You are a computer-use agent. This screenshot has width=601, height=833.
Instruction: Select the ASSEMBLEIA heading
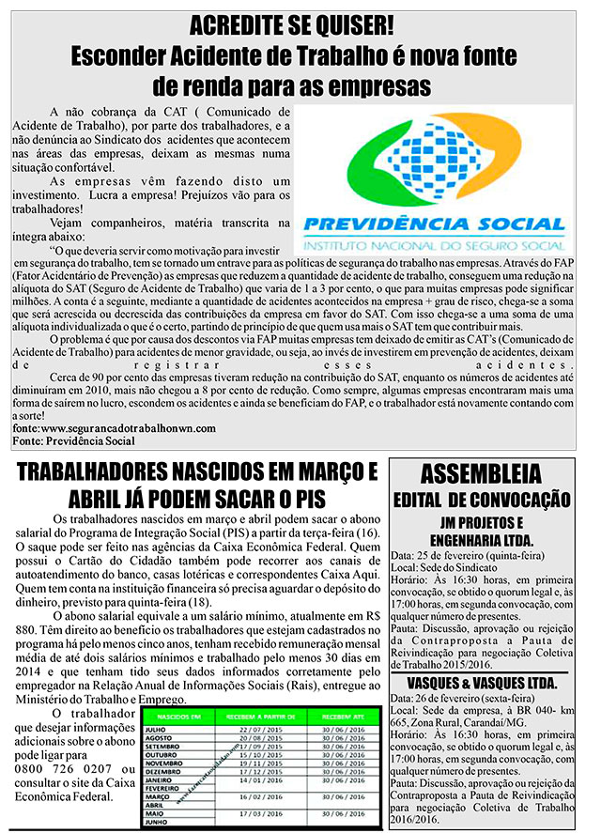pos(481,471)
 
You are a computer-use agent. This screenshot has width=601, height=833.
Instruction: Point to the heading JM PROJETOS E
pos(481,522)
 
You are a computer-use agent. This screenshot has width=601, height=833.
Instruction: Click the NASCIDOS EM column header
pos(172,716)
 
